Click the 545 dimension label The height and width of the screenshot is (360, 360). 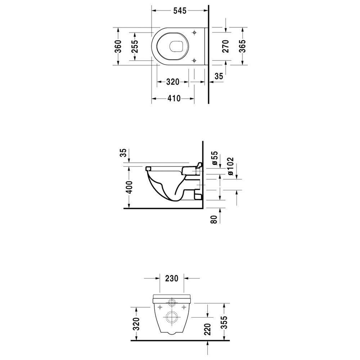[x=180, y=10]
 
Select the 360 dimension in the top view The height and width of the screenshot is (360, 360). [x=118, y=46]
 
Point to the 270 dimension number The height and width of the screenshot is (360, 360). [x=226, y=46]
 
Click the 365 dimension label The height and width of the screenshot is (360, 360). [x=242, y=46]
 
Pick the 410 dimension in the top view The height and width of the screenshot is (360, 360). [x=174, y=98]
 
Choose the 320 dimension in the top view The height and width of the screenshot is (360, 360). [x=172, y=82]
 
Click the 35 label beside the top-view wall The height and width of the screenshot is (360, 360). [x=219, y=76]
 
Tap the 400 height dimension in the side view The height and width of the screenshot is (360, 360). [x=129, y=187]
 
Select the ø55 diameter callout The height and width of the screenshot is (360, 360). [x=215, y=158]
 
